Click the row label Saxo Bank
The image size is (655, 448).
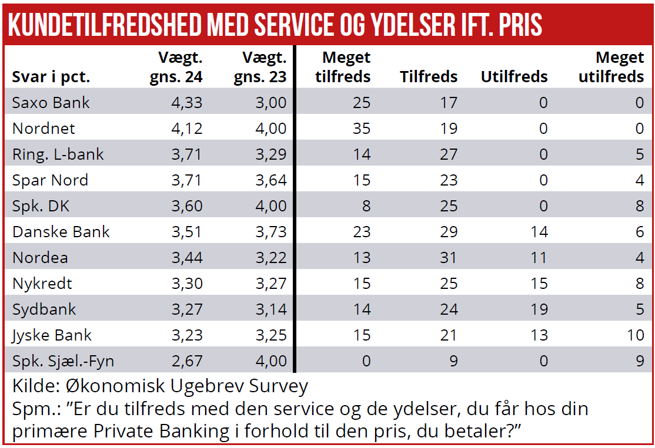point(51,103)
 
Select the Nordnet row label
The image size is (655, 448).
point(44,129)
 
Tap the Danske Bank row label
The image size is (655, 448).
point(61,232)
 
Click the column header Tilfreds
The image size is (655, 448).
point(429,77)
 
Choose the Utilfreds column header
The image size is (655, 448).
point(514,77)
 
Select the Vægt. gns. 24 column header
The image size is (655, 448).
point(176,68)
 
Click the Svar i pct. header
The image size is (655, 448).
point(51,77)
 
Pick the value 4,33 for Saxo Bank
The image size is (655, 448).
point(187,103)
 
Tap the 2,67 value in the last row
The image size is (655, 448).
point(187,361)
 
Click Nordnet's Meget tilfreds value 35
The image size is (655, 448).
point(362,129)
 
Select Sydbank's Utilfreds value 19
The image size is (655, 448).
point(539,309)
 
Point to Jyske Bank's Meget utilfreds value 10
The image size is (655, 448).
point(635,335)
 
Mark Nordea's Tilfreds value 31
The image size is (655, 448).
point(448,258)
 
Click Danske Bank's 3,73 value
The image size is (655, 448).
point(271,232)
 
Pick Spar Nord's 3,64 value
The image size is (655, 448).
point(271,180)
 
